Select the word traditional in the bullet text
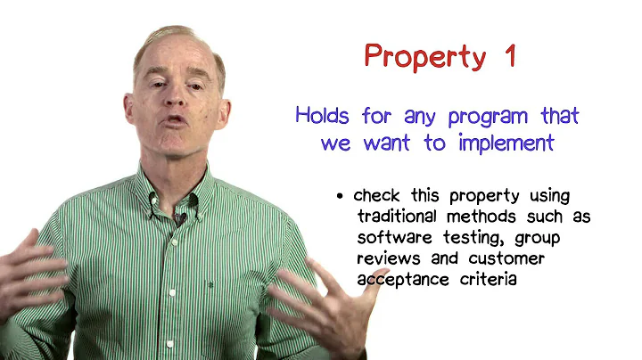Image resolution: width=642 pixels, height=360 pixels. point(399,217)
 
